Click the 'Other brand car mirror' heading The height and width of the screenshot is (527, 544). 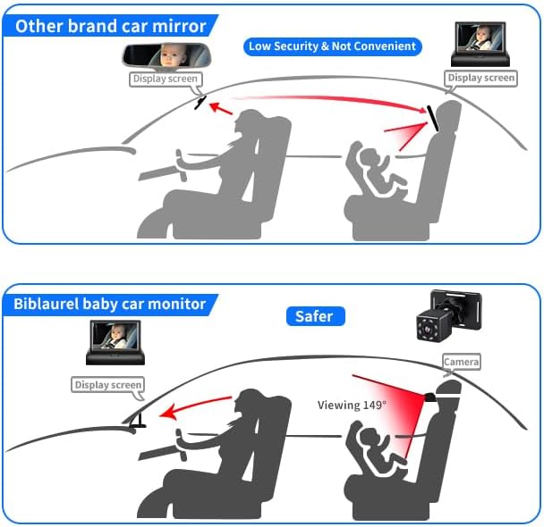pos(110,26)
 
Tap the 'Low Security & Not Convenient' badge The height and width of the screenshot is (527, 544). pos(332,46)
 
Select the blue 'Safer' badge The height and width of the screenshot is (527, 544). pos(315,316)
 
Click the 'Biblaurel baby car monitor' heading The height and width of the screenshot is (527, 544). pos(110,304)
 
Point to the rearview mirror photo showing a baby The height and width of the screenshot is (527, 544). pos(166,56)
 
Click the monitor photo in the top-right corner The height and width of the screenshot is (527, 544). pos(480,44)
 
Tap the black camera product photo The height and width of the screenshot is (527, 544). pos(448,315)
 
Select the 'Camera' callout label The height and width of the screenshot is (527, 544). pos(461,362)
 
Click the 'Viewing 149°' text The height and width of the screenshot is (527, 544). pos(352,405)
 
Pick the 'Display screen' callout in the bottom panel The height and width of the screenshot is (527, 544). pos(108,385)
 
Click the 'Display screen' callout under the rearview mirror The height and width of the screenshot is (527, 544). pos(166,79)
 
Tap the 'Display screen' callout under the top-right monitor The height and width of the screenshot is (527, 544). pos(480,78)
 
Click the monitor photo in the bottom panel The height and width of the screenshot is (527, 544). pos(115,342)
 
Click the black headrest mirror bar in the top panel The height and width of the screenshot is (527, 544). pos(433,119)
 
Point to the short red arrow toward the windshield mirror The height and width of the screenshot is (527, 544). pos(221,108)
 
